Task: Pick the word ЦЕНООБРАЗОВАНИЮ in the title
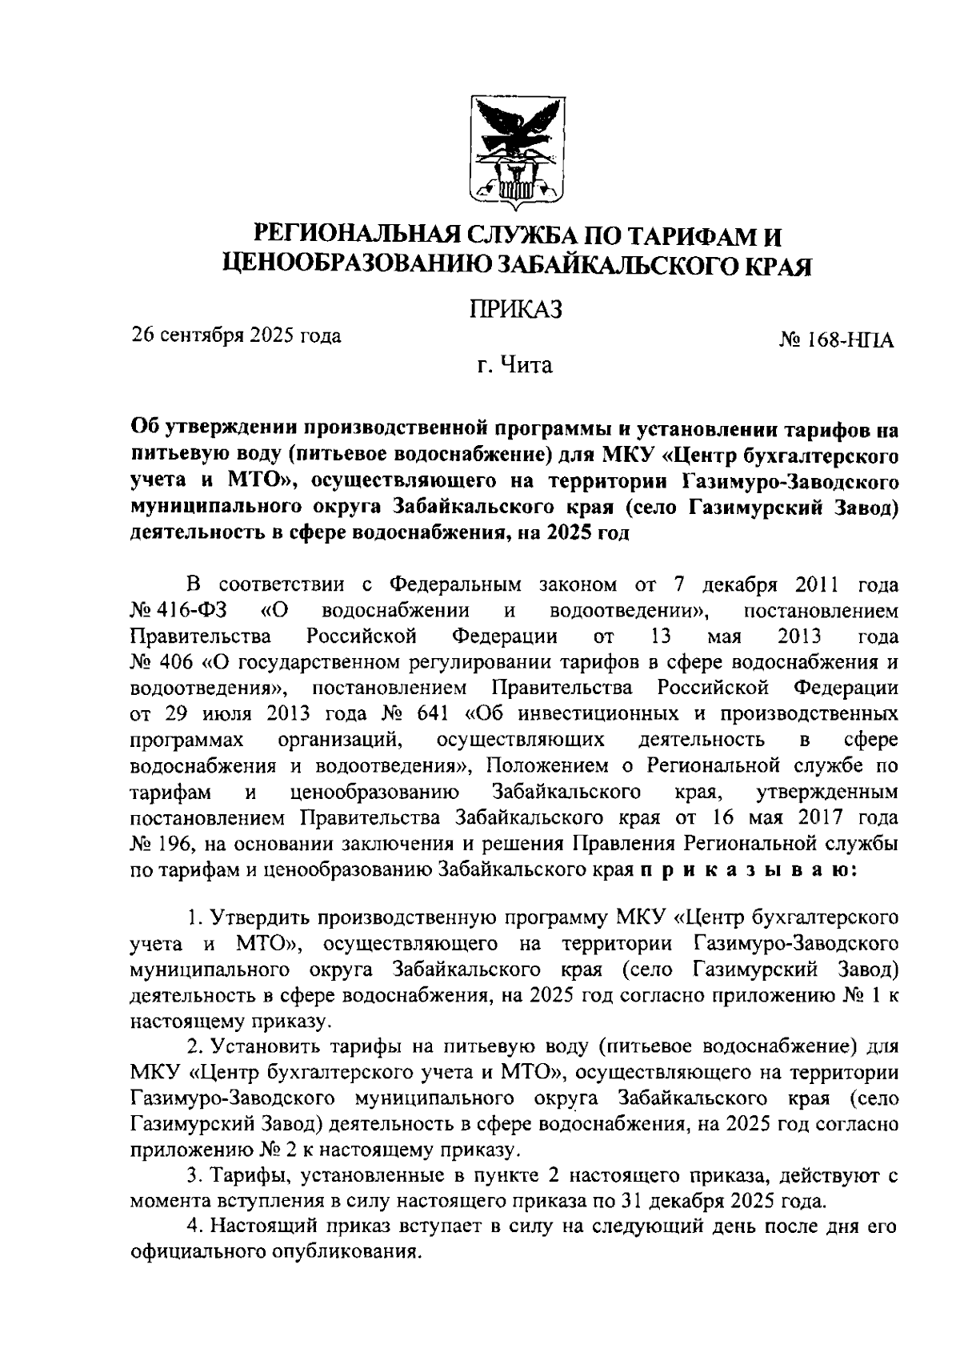(356, 265)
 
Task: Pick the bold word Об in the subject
(146, 431)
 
